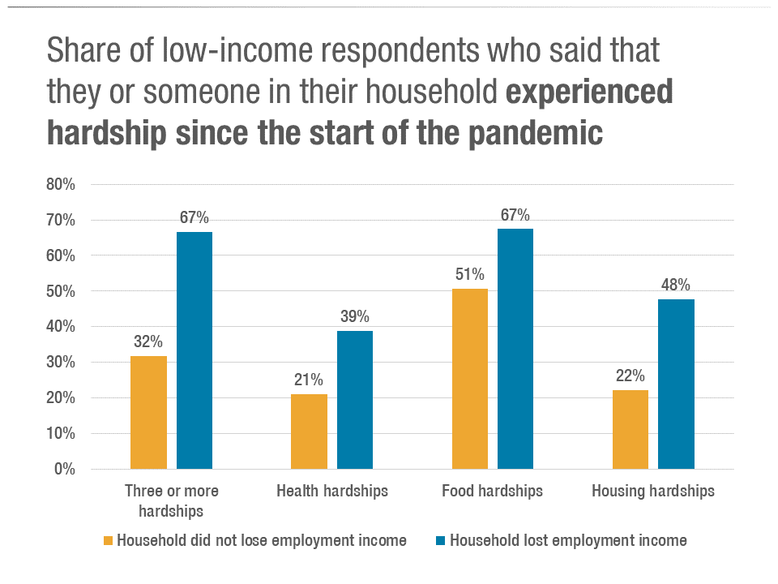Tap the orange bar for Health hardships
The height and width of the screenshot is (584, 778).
pyautogui.click(x=309, y=432)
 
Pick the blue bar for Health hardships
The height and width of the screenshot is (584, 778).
pyautogui.click(x=355, y=400)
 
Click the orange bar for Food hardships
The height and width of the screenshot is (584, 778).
pyautogui.click(x=469, y=379)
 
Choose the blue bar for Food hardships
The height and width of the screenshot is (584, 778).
pyautogui.click(x=515, y=349)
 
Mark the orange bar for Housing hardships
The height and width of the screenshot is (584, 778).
pyautogui.click(x=630, y=429)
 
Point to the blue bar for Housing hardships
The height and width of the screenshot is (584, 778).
pyautogui.click(x=676, y=384)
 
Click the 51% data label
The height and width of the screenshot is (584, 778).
pyautogui.click(x=469, y=274)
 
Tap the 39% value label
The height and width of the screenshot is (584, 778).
pyautogui.click(x=355, y=316)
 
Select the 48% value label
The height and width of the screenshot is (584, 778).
pyautogui.click(x=676, y=285)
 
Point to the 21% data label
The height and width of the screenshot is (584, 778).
pyautogui.click(x=309, y=380)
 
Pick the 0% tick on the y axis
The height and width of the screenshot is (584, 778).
pyautogui.click(x=65, y=469)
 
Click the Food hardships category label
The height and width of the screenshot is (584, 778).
pyautogui.click(x=492, y=491)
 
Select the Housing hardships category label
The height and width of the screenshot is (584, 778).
pyautogui.click(x=653, y=491)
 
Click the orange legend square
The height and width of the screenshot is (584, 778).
pyautogui.click(x=108, y=541)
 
